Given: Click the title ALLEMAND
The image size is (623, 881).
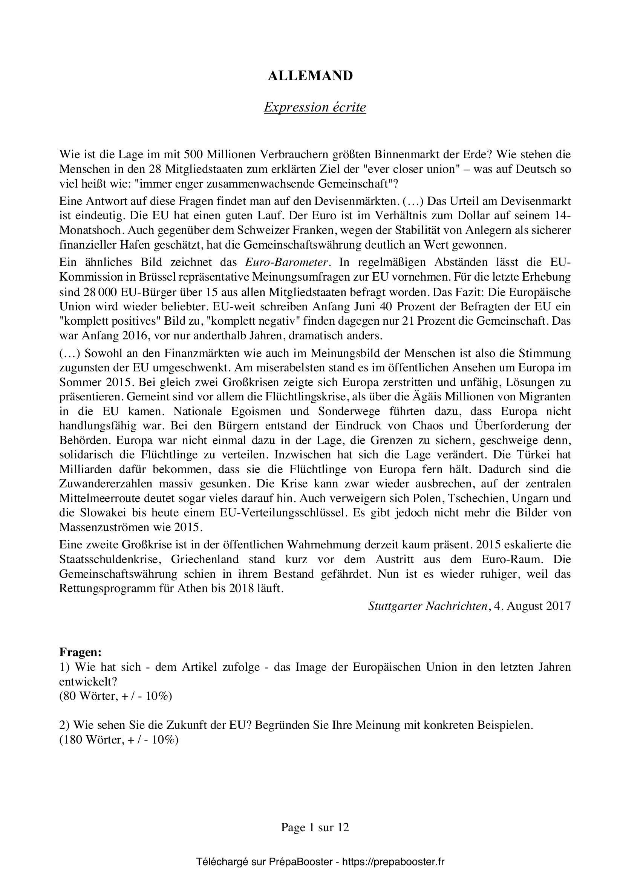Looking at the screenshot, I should (310, 76).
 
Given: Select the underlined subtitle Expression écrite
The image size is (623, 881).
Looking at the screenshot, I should (315, 107).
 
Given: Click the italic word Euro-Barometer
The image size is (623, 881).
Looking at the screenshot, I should (287, 263).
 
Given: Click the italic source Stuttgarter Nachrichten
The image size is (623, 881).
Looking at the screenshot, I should (428, 606).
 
